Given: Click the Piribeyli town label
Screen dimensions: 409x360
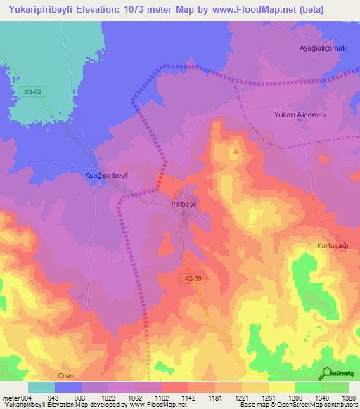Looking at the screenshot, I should [186, 202].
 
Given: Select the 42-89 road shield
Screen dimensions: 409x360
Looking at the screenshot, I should [189, 278].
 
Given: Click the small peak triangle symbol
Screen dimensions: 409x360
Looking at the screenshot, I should [236, 150].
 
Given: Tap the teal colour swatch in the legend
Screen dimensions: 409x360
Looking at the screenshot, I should [41, 387].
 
